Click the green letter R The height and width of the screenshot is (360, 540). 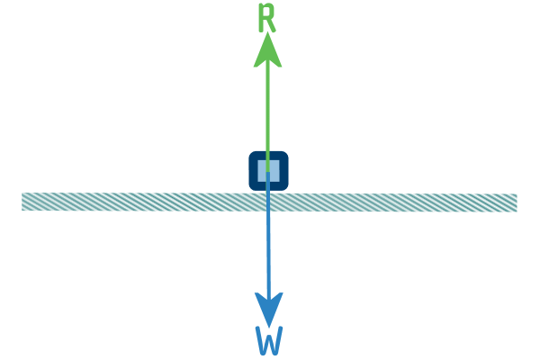pyautogui.click(x=267, y=18)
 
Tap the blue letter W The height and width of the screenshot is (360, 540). pyautogui.click(x=269, y=340)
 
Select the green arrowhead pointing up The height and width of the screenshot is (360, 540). pyautogui.click(x=267, y=49)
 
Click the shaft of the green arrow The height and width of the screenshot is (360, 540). pyautogui.click(x=268, y=117)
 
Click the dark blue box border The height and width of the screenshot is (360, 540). pyautogui.click(x=253, y=170)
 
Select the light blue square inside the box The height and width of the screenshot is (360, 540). pyautogui.click(x=268, y=170)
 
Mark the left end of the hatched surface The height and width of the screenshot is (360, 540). pyautogui.click(x=22, y=202)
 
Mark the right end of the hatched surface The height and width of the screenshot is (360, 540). pyautogui.click(x=517, y=202)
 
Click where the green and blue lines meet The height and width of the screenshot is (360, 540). pyautogui.click(x=268, y=172)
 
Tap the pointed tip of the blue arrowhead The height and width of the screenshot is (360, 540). pyautogui.click(x=269, y=325)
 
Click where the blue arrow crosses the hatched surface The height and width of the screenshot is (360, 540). pyautogui.click(x=268, y=202)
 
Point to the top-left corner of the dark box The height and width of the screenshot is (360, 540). pyautogui.click(x=250, y=153)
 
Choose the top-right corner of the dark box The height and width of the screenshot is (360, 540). pyautogui.click(x=287, y=153)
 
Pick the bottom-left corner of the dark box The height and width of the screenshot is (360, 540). pyautogui.click(x=250, y=189)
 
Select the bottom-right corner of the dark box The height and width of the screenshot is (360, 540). pyautogui.click(x=287, y=189)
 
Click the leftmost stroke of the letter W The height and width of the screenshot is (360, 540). pyautogui.click(x=260, y=340)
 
